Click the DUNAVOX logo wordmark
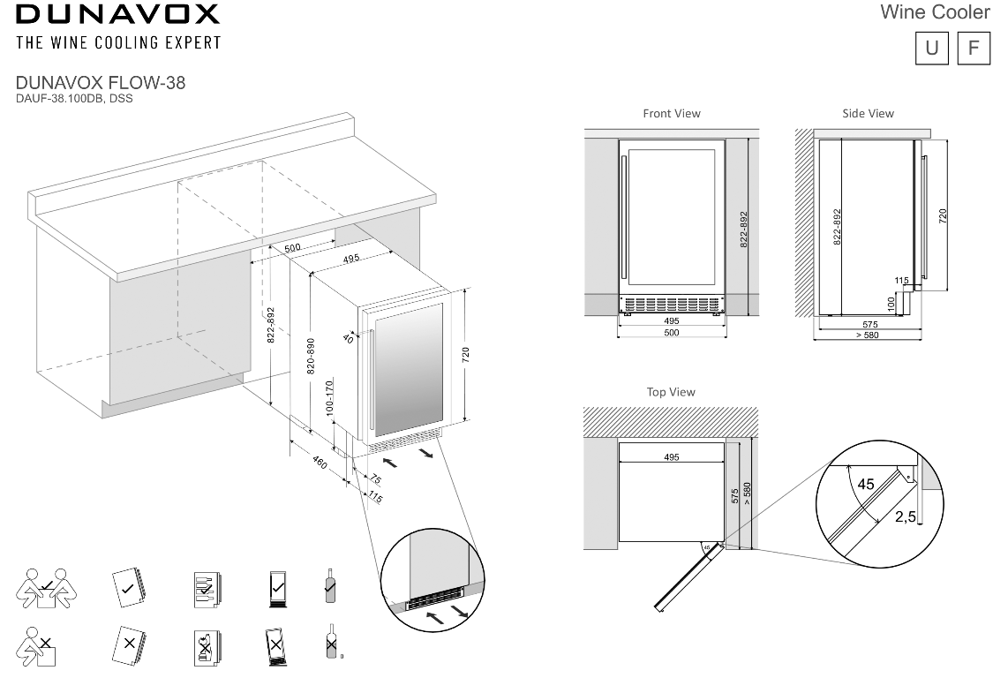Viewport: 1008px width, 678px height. point(117,14)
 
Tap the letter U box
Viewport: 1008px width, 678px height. point(932,47)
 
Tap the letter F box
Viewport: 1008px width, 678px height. point(974,47)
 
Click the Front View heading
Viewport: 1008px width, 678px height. point(672,114)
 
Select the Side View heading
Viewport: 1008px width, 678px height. point(868,114)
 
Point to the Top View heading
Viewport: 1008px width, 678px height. point(671,392)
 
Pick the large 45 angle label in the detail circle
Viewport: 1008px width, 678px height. point(865,485)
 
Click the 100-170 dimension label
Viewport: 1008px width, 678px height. point(328,399)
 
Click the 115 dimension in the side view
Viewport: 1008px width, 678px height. point(901,281)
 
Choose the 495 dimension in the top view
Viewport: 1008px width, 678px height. point(671,457)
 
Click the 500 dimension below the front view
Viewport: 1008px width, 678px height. point(671,333)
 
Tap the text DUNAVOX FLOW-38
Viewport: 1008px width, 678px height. point(101,83)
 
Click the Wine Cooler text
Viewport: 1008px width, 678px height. point(935,12)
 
